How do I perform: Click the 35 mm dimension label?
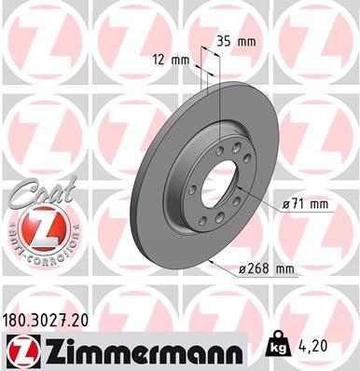237,41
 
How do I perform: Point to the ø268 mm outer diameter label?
266,270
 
